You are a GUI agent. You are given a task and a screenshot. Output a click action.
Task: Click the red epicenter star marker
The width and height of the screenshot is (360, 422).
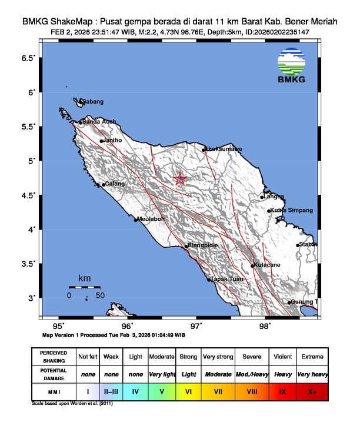pyautogui.click(x=180, y=180)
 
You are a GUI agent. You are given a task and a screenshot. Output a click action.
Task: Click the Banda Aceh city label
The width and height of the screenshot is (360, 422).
pyautogui.click(x=99, y=122)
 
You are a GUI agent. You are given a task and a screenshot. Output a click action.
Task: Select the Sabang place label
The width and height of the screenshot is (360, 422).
pyautogui.click(x=92, y=102)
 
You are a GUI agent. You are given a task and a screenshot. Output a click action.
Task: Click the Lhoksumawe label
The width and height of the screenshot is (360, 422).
pyautogui.click(x=224, y=149)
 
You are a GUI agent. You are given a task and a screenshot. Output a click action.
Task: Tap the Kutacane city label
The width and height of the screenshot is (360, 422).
pyautogui.click(x=268, y=265)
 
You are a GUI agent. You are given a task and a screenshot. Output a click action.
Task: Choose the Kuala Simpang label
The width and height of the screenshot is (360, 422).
pyautogui.click(x=292, y=210)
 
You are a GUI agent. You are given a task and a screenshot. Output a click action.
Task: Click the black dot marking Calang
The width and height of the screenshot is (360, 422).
pyautogui.click(x=104, y=185)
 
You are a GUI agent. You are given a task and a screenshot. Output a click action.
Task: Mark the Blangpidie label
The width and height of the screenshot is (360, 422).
pyautogui.click(x=202, y=245)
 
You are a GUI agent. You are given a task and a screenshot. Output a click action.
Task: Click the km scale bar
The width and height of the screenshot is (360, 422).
pyautogui.click(x=85, y=287)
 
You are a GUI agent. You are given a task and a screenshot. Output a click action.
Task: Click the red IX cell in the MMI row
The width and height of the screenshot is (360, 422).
pyautogui.click(x=282, y=391)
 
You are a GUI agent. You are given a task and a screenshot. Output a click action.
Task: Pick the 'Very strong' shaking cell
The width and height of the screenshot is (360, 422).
pyautogui.click(x=217, y=357)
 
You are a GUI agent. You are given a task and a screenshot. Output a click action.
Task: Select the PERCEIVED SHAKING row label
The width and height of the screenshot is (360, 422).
pyautogui.click(x=54, y=357)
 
